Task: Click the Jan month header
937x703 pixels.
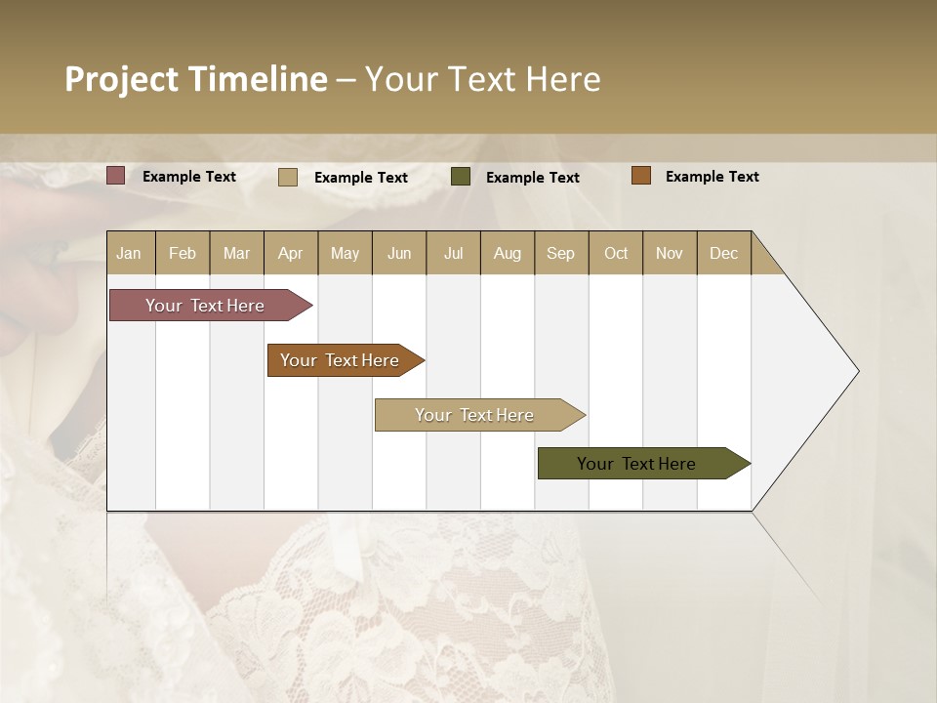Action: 129,253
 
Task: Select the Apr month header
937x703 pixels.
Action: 290,253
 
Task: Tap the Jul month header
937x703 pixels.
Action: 453,253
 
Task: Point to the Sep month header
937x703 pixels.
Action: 560,253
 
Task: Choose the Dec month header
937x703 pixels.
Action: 723,253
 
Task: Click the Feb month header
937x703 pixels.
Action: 183,253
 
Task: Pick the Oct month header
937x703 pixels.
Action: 616,253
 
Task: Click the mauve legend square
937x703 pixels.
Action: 116,176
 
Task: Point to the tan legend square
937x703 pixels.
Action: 288,177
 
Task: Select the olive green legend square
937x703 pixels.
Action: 461,177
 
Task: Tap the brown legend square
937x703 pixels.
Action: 641,176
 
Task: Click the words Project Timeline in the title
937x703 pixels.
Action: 195,79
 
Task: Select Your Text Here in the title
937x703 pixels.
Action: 482,79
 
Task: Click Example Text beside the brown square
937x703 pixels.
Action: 712,177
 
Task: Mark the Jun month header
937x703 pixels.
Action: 399,253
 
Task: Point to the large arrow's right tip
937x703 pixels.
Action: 857,371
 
